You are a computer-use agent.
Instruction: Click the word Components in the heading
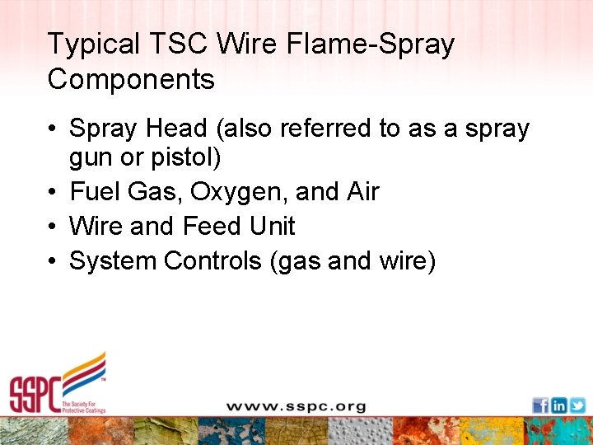tap(131, 80)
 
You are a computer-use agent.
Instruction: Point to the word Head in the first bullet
tap(184, 129)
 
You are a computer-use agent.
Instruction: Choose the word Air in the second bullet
tap(362, 191)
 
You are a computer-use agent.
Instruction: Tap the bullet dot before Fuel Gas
tap(54, 192)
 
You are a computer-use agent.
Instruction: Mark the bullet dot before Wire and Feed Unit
tap(54, 227)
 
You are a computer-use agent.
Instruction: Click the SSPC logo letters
tap(35, 394)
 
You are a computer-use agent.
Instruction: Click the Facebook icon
tap(540, 405)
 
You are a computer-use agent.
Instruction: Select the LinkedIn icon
tap(559, 405)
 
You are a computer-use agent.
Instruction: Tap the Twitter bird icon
tap(577, 405)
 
